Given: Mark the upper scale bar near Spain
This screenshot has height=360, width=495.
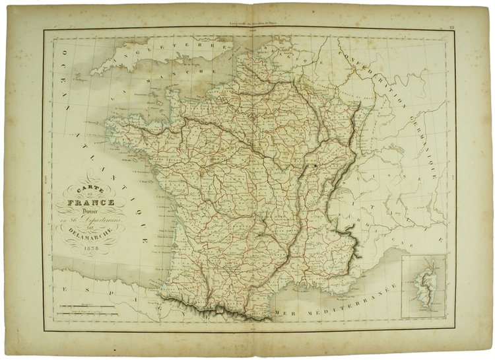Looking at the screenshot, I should coord(85,306).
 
